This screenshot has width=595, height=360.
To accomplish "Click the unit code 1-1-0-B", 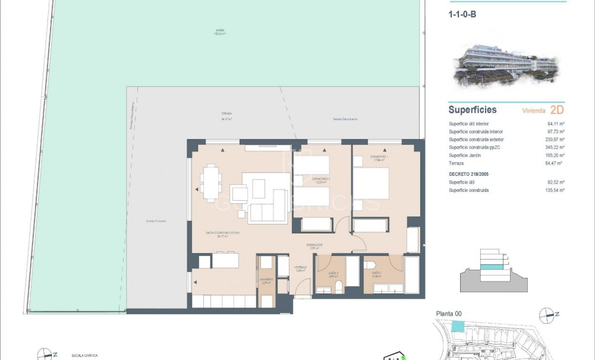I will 462,15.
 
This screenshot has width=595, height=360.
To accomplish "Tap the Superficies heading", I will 472,110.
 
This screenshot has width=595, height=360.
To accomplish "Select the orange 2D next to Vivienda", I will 557,110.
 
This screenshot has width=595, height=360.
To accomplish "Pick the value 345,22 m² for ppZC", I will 556,147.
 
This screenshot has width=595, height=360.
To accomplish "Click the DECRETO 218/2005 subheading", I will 473,174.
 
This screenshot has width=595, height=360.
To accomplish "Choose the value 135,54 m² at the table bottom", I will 556,190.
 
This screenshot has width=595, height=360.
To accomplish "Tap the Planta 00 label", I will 449,314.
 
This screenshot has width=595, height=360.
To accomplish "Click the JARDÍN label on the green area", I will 221,32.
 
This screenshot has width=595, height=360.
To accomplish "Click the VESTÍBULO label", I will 301,268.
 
